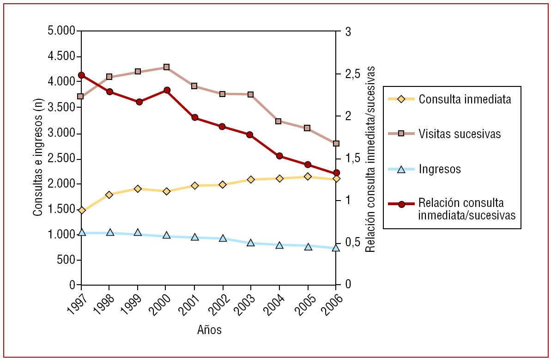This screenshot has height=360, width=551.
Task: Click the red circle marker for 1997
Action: (x=82, y=75)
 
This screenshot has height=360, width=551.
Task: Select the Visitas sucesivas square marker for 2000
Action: (x=166, y=67)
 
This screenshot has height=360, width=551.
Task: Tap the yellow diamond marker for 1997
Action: (x=82, y=210)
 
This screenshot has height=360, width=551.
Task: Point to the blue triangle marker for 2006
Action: (x=336, y=248)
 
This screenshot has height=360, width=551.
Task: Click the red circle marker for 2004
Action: (x=279, y=156)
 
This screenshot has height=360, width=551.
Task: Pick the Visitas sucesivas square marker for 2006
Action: (x=336, y=144)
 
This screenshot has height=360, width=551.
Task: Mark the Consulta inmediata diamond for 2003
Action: (x=251, y=179)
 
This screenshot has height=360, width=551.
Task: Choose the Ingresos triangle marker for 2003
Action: (x=251, y=243)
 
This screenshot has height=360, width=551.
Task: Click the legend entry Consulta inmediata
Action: (x=465, y=99)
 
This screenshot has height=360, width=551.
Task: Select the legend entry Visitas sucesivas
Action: (x=460, y=134)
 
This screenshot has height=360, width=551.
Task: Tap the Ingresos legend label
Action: (x=440, y=169)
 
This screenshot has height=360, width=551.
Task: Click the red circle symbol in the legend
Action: (x=401, y=204)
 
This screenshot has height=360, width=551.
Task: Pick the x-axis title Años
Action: (x=209, y=330)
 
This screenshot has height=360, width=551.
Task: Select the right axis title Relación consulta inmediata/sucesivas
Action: (x=370, y=158)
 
